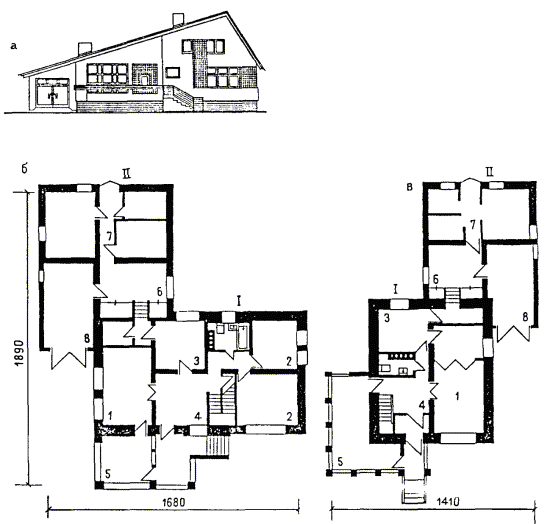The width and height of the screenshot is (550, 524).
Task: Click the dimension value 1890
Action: tap(19, 353)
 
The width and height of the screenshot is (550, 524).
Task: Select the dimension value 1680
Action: tap(173, 502)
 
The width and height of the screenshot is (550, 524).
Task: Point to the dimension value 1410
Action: tap(449, 502)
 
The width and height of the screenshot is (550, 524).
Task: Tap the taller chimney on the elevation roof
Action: tap(178, 20)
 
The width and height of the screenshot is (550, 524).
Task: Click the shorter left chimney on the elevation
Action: tap(85, 49)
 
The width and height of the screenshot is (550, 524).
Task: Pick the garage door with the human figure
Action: tap(53, 93)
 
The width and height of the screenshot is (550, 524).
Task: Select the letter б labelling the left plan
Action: tap(24, 169)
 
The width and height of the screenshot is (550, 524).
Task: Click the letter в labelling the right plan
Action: tap(409, 187)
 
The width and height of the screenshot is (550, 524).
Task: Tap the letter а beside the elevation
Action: tap(14, 46)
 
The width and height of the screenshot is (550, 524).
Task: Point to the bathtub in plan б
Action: tap(243, 337)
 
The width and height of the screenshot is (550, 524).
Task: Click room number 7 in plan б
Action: tap(110, 237)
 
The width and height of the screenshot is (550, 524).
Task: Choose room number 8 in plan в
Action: tap(525, 317)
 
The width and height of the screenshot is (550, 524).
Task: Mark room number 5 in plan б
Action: tap(108, 474)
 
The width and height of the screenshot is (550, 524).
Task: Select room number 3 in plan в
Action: tap(387, 318)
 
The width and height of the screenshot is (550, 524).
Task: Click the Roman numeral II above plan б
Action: tap(126, 174)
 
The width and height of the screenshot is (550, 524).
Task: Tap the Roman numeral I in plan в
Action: tap(395, 290)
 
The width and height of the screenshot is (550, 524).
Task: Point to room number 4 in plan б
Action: tap(198, 416)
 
